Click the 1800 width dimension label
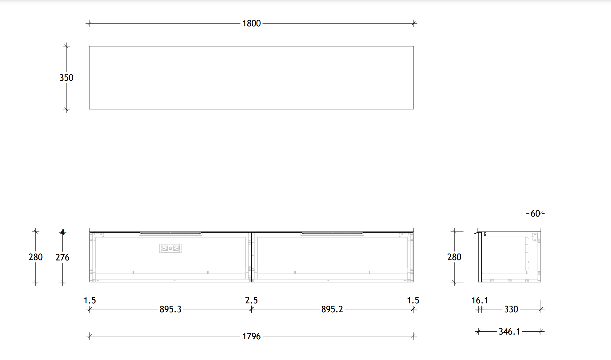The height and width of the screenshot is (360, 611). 251,24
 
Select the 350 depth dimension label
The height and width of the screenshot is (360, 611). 66,78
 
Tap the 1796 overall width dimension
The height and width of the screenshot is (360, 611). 251,336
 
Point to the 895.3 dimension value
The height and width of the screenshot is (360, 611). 170,309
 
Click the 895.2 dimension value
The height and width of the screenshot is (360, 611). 332,309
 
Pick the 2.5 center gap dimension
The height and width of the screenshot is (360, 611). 251,300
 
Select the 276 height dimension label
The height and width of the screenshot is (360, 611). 62,257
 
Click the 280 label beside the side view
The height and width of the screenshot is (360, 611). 454,257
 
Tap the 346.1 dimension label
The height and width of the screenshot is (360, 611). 509,331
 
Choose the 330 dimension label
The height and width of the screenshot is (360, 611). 511,309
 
